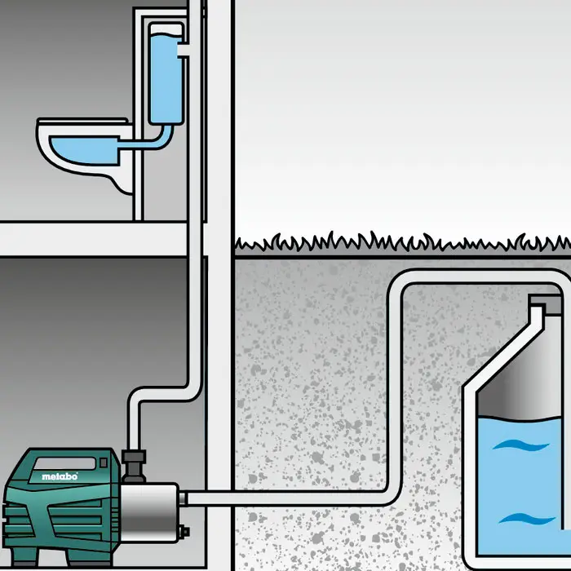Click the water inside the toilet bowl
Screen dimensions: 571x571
point(82,149)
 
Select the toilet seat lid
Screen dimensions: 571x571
point(77,127)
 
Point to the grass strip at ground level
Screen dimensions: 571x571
point(400,242)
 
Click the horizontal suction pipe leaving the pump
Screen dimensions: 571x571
point(285,497)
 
